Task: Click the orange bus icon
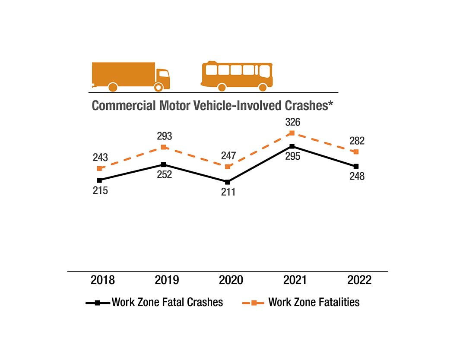[x=237, y=76]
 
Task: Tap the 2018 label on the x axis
[x=103, y=280]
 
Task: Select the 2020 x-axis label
[x=231, y=280]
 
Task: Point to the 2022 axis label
[x=359, y=280]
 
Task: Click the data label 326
[x=293, y=123]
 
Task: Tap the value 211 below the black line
[x=228, y=192]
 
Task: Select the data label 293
[x=165, y=136]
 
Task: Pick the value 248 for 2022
[x=357, y=176]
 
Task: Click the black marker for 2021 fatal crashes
[x=292, y=146]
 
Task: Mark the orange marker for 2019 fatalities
[x=163, y=148]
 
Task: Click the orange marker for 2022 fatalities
[x=356, y=152]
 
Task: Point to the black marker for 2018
[x=99, y=180]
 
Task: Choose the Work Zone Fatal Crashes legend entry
[x=167, y=302]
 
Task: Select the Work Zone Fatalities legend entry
[x=314, y=302]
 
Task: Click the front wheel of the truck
[x=158, y=87]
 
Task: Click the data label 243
[x=100, y=158]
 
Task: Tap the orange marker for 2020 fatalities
[x=228, y=167]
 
